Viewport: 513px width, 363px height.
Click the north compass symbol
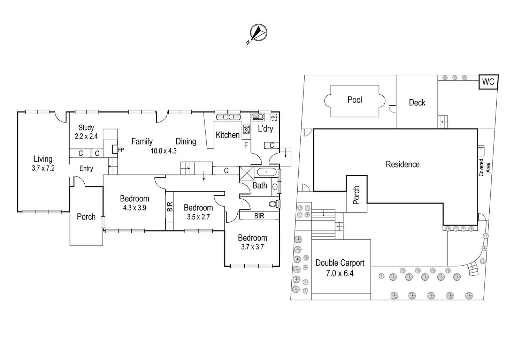coord(259,33)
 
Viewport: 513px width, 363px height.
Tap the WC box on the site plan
coord(488,82)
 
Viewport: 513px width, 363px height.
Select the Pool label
coord(355,100)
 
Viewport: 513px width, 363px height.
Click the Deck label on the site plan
coord(417,103)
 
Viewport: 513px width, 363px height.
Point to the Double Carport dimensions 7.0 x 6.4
coord(340,273)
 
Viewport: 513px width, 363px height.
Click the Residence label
coord(403,164)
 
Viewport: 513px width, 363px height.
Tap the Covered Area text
coord(484,167)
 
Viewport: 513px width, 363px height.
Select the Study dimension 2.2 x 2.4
coord(86,136)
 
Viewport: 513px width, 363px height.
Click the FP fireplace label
coord(121,150)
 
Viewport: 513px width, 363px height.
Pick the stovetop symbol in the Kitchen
coord(246,129)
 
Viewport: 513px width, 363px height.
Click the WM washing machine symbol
coord(273,117)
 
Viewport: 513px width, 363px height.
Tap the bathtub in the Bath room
coord(267,172)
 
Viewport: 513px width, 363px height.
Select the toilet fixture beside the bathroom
coord(274,203)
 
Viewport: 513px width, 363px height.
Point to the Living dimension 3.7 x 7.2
coord(43,168)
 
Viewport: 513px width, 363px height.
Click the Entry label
coord(86,169)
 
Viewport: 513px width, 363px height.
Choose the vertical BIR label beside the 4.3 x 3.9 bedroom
coord(170,207)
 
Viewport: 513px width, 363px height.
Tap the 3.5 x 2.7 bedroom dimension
coord(198,217)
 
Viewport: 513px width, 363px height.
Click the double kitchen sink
coord(228,117)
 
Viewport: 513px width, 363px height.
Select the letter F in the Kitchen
coord(246,145)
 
